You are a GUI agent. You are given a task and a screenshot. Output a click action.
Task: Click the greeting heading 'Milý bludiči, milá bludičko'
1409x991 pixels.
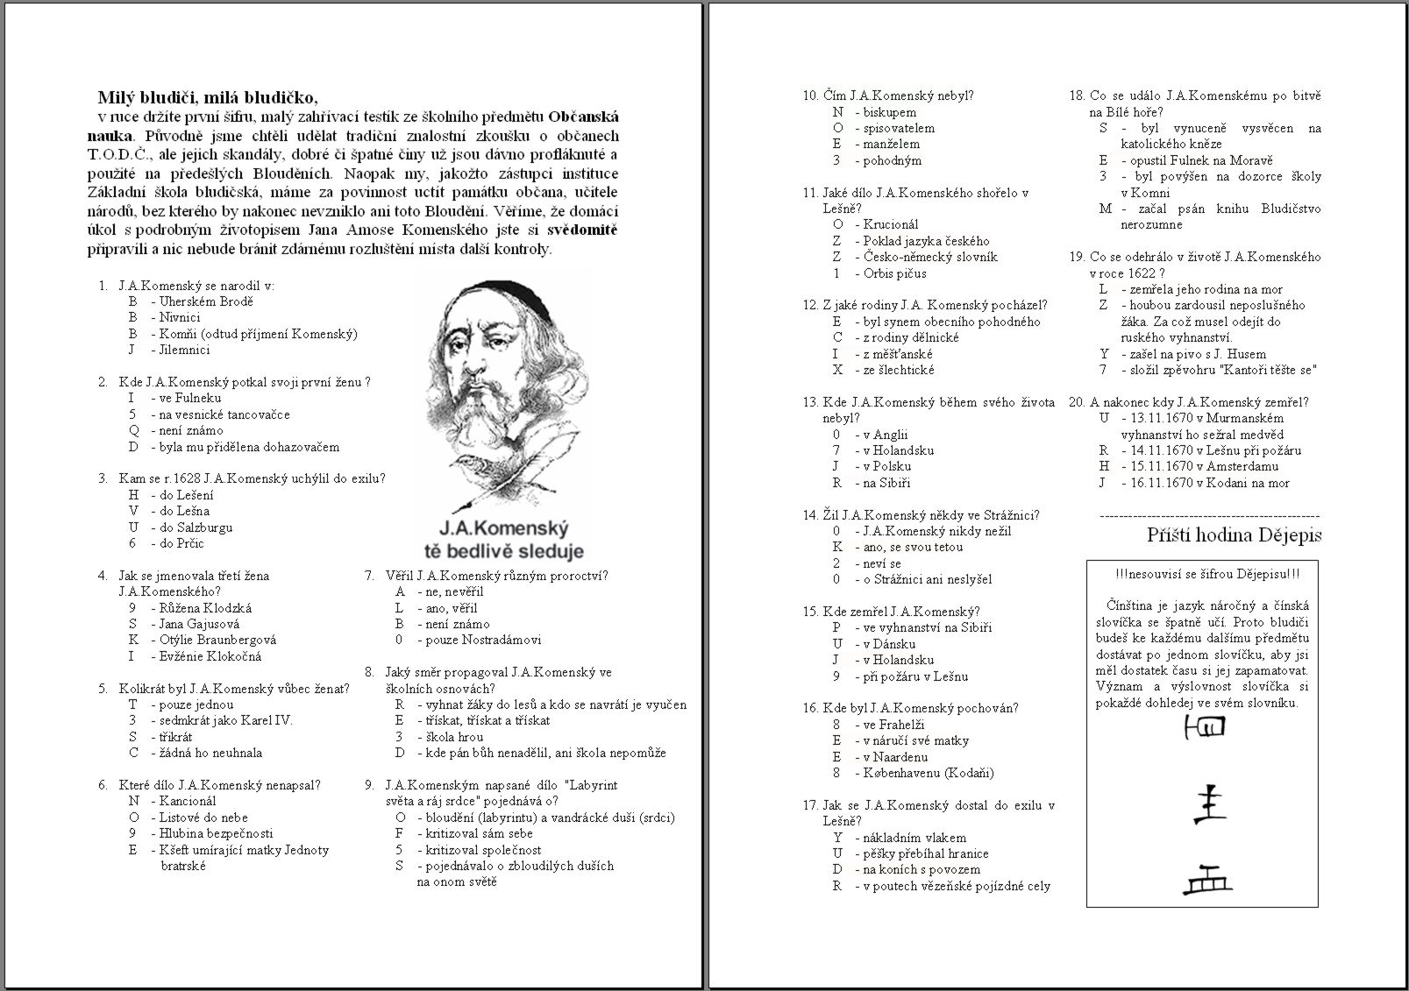[x=208, y=97]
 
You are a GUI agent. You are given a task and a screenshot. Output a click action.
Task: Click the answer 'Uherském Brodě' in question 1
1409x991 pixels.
[x=206, y=301]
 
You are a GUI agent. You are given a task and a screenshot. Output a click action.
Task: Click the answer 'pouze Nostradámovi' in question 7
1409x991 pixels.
[x=480, y=640]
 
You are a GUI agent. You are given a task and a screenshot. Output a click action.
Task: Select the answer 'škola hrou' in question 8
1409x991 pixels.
[x=452, y=737]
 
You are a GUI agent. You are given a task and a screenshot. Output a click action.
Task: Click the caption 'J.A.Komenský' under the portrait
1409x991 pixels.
[x=503, y=529]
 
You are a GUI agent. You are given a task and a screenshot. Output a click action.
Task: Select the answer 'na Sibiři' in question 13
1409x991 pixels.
[x=886, y=483]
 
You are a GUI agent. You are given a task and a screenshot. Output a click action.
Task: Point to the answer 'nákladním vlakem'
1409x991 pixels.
[x=914, y=838]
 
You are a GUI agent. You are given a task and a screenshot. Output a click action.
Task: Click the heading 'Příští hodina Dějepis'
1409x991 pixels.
[x=1234, y=535]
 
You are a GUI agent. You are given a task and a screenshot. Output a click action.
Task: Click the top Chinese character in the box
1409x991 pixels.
[x=1205, y=726]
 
